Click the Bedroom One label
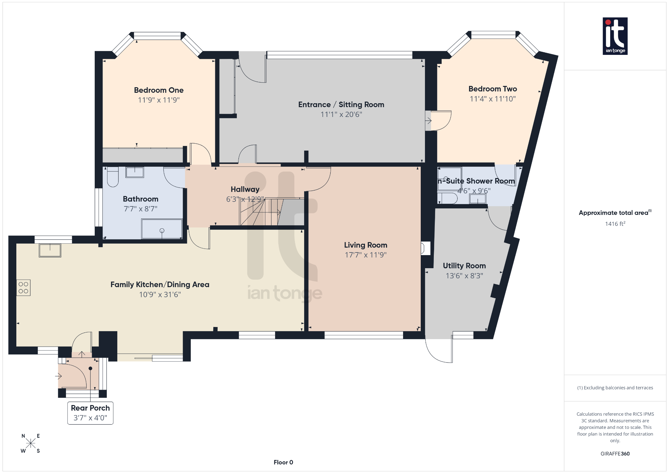(159, 90)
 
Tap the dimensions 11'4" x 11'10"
(493, 99)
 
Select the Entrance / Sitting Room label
(341, 105)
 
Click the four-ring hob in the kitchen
(24, 288)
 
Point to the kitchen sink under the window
(50, 251)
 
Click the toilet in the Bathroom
(113, 177)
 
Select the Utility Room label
(464, 266)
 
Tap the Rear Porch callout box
(90, 413)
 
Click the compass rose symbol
(31, 443)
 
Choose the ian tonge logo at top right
(615, 36)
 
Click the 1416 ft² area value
(615, 224)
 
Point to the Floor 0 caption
(283, 462)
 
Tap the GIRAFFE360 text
(615, 453)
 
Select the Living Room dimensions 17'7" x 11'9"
(366, 255)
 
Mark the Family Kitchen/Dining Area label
(160, 285)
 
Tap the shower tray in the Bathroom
(162, 229)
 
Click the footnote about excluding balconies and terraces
(615, 388)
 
